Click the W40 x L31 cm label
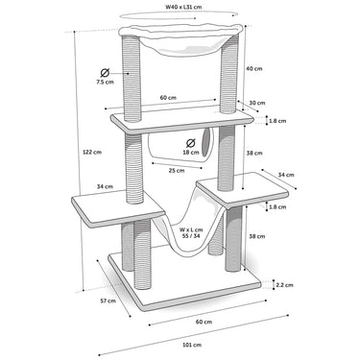(183, 7)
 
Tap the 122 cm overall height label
(92, 152)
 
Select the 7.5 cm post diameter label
(105, 82)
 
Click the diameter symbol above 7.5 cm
(105, 73)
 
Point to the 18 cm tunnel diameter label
(191, 153)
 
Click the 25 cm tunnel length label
(177, 171)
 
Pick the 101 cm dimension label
(192, 345)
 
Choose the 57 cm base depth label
(108, 300)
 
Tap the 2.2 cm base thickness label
(284, 285)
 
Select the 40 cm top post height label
(254, 68)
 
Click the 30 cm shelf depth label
(257, 103)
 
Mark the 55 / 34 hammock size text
(191, 236)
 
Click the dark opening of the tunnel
(205, 142)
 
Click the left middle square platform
(118, 208)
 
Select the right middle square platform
(242, 190)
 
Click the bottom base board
(184, 281)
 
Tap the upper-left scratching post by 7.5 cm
(131, 79)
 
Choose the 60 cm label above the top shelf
(168, 97)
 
